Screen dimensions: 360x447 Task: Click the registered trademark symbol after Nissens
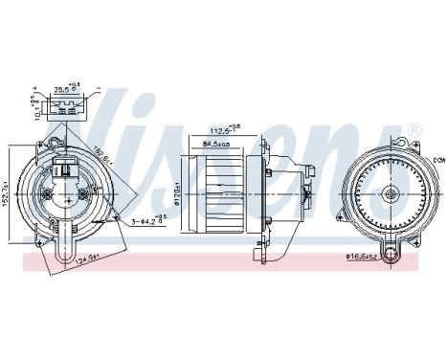pos(413,129)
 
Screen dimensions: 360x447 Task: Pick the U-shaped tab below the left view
pos(68,247)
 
